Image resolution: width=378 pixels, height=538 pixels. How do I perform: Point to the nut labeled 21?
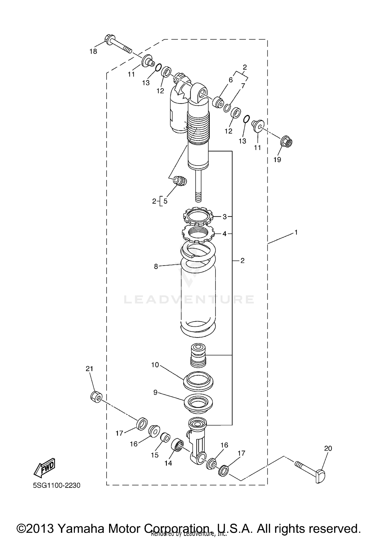pyautogui.click(x=96, y=397)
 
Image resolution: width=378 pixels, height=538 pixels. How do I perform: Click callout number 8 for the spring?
pyautogui.click(x=156, y=266)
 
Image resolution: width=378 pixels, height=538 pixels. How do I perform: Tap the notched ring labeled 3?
pyautogui.click(x=198, y=216)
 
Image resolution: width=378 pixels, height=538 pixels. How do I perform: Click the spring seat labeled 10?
pyautogui.click(x=198, y=380)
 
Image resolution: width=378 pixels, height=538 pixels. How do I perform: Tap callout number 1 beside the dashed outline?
pyautogui.click(x=296, y=232)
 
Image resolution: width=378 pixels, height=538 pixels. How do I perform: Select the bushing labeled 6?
pyautogui.click(x=218, y=102)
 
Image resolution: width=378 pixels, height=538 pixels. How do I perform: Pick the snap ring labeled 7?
pyautogui.click(x=227, y=108)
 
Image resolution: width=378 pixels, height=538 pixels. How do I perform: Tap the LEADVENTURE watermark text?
pyautogui.click(x=189, y=299)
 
